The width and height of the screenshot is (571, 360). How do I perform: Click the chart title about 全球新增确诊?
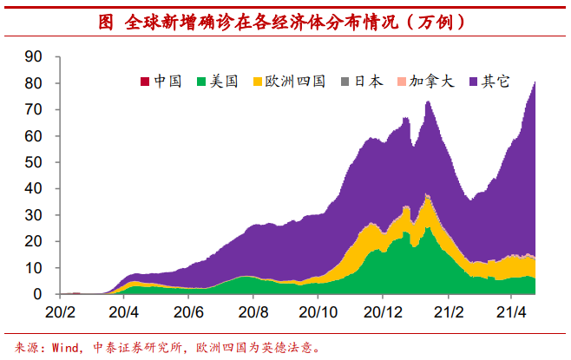285,23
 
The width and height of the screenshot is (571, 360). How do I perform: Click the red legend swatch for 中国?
145,82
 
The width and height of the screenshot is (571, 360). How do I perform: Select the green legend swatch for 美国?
202,82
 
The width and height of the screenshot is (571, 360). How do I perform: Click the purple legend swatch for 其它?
473,82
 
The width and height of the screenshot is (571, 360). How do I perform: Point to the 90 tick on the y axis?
34,56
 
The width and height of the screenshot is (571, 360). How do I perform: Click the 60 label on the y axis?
34,136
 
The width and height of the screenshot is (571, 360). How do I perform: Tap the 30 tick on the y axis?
34,215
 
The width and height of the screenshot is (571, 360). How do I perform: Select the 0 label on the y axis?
38,295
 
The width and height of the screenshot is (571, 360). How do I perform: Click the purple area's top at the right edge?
535,82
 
